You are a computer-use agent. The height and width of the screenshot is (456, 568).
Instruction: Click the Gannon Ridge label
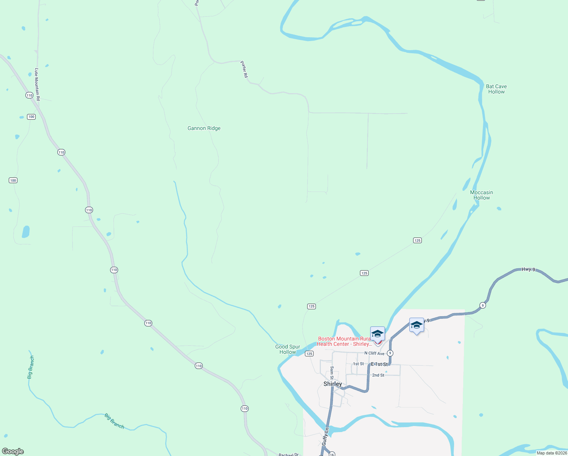204,128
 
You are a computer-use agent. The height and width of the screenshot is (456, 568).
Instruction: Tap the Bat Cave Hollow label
496,89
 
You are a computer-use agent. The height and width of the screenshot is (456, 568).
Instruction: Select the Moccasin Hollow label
481,195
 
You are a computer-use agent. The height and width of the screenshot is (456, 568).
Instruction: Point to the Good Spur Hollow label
287,349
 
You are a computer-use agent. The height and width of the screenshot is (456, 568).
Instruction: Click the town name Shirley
333,384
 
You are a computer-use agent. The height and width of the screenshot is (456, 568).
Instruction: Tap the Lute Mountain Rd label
37,84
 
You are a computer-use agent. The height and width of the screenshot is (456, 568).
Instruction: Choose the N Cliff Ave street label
374,353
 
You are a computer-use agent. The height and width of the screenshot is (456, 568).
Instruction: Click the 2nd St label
378,375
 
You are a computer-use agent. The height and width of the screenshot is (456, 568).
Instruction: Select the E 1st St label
379,364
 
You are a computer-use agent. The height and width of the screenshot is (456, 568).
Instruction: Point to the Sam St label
332,373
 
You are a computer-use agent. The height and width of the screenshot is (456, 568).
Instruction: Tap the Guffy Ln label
325,436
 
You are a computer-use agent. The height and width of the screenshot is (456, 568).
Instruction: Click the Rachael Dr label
289,454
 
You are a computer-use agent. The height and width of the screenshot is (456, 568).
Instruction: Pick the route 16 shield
332,454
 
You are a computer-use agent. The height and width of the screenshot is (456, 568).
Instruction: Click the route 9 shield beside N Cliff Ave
390,353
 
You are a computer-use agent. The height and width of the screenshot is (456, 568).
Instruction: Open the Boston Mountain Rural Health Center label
344,341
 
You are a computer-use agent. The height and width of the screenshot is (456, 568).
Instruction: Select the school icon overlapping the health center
377,334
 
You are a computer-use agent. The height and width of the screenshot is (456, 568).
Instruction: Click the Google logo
13,451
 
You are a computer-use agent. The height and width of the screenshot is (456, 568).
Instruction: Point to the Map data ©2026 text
552,453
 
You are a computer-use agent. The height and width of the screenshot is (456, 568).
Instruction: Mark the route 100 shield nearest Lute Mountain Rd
31,117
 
